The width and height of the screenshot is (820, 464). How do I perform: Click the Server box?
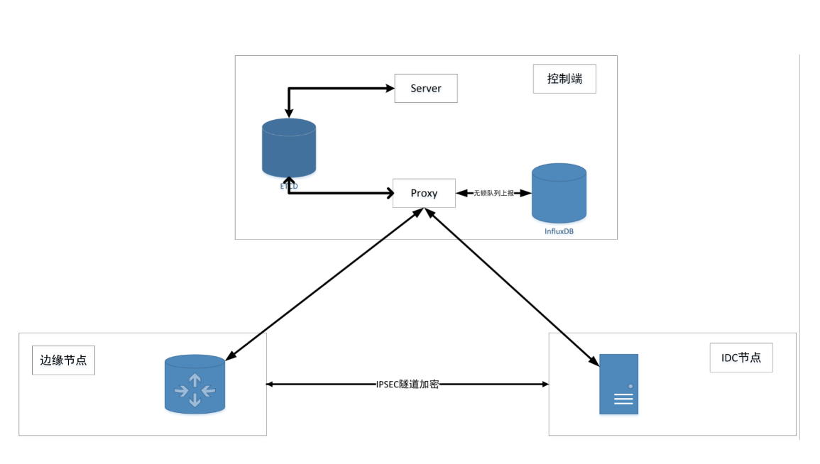pyautogui.click(x=426, y=88)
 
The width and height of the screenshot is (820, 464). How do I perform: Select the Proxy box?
pyautogui.click(x=424, y=193)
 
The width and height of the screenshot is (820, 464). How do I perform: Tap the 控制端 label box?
pyautogui.click(x=564, y=79)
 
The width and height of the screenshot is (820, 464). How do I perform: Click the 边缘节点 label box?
pyautogui.click(x=63, y=360)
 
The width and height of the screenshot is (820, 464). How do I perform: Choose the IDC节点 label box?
pyautogui.click(x=740, y=358)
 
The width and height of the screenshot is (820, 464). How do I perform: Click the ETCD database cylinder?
pyautogui.click(x=288, y=148)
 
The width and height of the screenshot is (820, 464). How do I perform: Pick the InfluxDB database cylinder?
pyautogui.click(x=559, y=193)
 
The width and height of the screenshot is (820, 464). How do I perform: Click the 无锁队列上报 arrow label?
pyautogui.click(x=493, y=193)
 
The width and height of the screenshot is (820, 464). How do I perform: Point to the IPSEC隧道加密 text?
pyautogui.click(x=408, y=384)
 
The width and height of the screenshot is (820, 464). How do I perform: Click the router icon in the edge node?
pyautogui.click(x=195, y=384)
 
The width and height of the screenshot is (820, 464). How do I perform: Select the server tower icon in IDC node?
pyautogui.click(x=618, y=384)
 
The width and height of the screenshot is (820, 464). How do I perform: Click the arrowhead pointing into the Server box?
pyautogui.click(x=389, y=89)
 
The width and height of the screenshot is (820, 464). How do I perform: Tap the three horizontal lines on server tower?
pyautogui.click(x=623, y=399)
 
